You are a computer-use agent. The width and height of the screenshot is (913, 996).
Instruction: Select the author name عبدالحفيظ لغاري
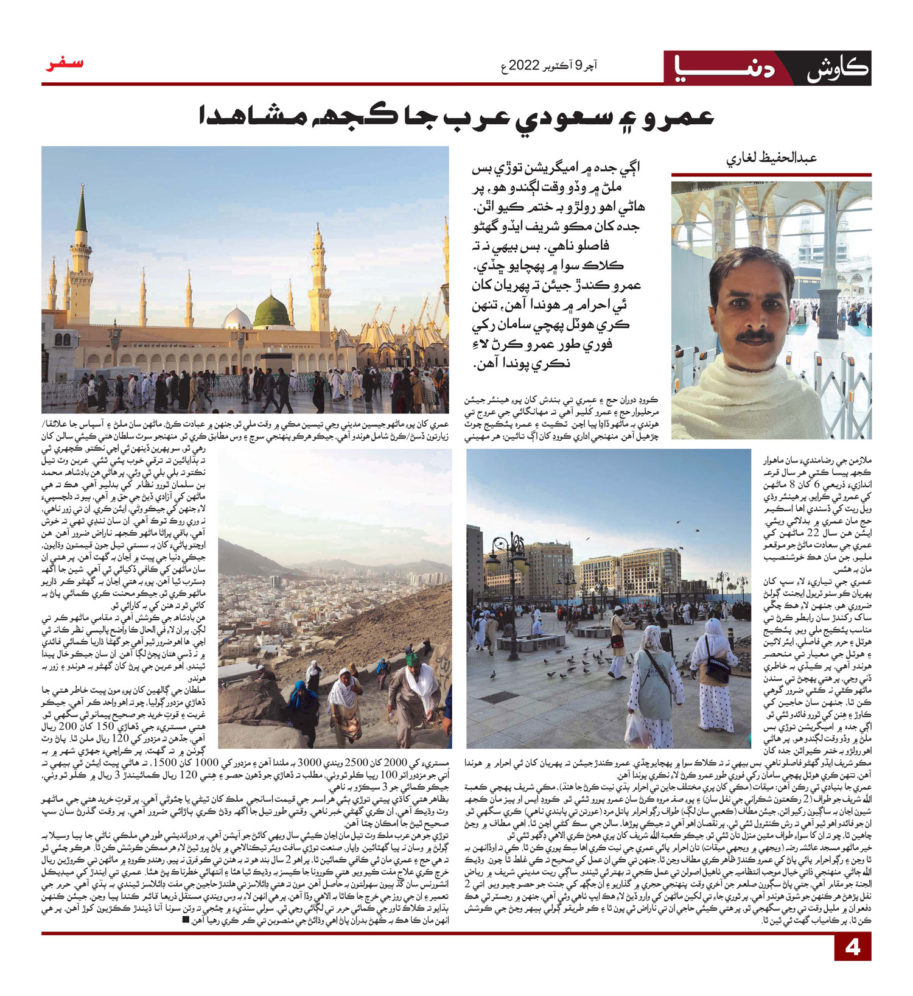[771, 158]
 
